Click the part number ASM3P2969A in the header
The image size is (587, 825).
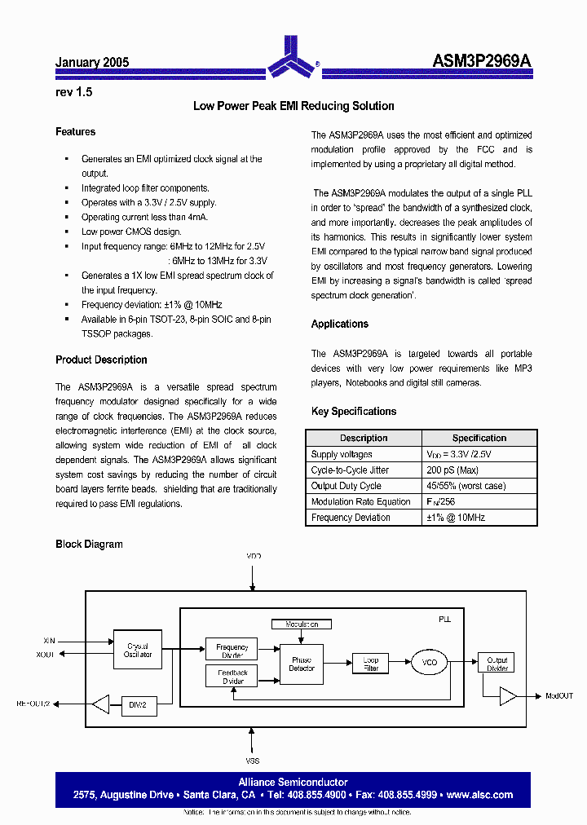tap(481, 62)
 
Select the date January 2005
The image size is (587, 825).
tap(92, 63)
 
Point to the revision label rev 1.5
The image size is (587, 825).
tap(73, 92)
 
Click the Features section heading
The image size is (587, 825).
tap(75, 132)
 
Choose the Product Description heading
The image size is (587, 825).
tap(101, 360)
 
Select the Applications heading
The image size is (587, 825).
tap(339, 324)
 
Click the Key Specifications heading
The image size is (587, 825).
tap(353, 412)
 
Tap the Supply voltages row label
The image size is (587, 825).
tap(342, 455)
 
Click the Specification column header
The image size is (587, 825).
tap(479, 439)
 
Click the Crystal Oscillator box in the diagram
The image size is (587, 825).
tap(138, 651)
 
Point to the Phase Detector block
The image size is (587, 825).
tap(302, 664)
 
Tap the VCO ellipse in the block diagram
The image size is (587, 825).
tap(430, 663)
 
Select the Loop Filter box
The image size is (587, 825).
tap(371, 664)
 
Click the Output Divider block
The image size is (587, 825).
tap(497, 664)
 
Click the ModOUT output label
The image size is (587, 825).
tap(559, 696)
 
